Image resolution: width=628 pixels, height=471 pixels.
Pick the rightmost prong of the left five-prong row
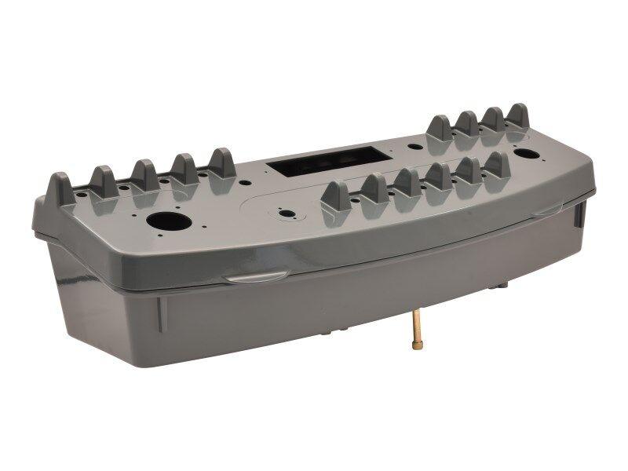(x=221, y=162)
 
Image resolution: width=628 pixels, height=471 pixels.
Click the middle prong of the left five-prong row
(x=144, y=174)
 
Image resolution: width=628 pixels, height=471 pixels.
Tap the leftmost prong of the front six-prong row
(x=336, y=199)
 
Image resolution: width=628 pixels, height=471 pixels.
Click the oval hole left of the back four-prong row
(x=412, y=146)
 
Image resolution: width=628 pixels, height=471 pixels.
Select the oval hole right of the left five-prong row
(x=245, y=184)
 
